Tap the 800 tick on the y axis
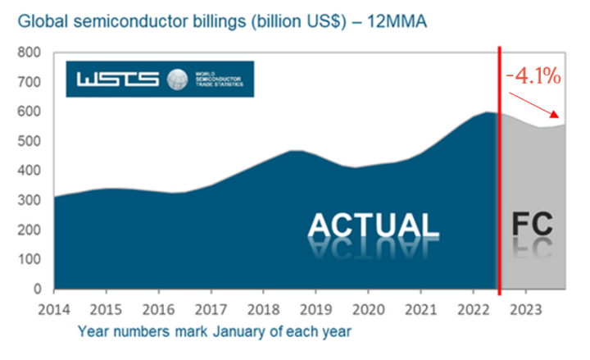[x=29, y=52]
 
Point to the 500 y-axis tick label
[x=29, y=141]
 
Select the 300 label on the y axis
[x=29, y=200]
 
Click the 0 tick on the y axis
[x=38, y=289]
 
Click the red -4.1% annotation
[x=534, y=78]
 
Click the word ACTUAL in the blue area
[x=374, y=226]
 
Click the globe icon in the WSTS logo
[x=177, y=80]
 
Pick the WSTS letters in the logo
[x=120, y=80]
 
